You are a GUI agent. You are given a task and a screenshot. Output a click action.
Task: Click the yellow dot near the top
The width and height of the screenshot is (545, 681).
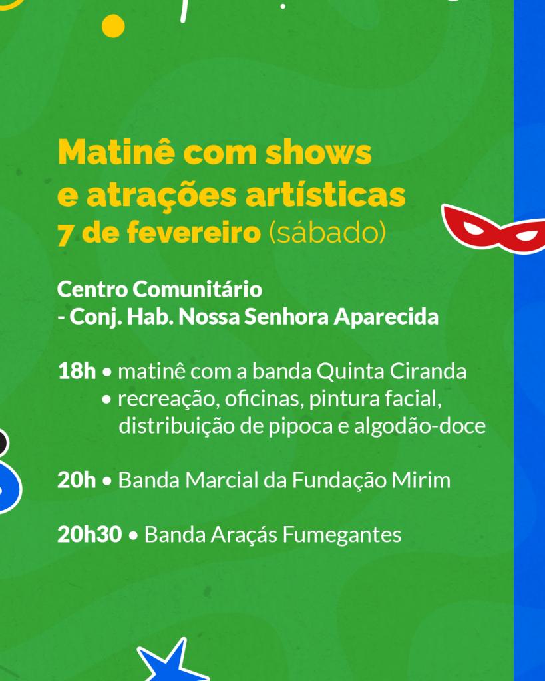click(x=113, y=26)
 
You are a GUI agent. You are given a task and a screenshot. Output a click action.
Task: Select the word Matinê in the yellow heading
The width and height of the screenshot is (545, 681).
click(x=116, y=152)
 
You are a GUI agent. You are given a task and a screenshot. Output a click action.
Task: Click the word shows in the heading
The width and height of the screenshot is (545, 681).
click(x=319, y=152)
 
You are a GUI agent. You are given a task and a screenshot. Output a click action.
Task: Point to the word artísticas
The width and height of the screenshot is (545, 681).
click(x=325, y=195)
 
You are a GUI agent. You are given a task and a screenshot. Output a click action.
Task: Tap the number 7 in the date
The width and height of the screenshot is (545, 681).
click(x=65, y=234)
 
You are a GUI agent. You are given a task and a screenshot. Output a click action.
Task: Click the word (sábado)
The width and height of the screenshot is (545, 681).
click(x=327, y=233)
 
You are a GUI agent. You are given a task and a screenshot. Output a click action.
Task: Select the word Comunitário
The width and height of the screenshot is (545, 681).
click(x=198, y=289)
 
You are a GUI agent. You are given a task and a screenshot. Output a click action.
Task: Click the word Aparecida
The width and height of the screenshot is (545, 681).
click(x=386, y=317)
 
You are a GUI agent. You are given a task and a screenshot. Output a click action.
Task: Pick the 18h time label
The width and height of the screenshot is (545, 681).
click(x=77, y=372)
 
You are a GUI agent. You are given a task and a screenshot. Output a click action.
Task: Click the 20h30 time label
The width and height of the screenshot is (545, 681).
click(x=90, y=535)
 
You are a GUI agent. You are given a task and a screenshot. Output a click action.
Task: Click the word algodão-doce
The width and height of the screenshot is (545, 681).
click(x=420, y=426)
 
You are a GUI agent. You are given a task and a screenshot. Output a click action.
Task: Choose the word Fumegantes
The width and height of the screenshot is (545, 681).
click(x=342, y=535)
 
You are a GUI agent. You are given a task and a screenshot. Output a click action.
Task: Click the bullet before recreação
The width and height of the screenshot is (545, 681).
click(x=106, y=400)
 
